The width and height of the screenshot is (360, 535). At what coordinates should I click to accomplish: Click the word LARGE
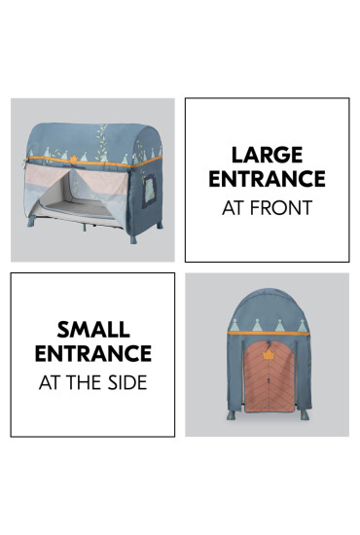point(267,155)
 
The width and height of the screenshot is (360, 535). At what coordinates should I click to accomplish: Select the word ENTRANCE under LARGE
point(267,178)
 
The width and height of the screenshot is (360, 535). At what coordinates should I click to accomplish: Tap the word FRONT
point(281,207)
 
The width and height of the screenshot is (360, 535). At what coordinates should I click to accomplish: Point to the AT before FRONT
point(234,207)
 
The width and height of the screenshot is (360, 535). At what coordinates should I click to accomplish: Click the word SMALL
point(93,330)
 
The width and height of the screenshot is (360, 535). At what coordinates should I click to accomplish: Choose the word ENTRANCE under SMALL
point(93,353)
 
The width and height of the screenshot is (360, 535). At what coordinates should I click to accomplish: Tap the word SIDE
point(127,382)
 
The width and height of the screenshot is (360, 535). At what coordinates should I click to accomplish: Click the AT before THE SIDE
point(51,382)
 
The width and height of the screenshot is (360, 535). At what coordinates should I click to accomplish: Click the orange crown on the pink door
point(269,354)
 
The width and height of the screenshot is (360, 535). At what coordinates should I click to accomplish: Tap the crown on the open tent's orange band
point(74,159)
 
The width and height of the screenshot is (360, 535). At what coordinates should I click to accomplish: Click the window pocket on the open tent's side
point(149,191)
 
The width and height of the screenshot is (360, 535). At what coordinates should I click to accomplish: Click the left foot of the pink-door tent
point(232,415)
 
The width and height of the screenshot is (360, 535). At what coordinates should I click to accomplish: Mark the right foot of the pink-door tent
point(305,415)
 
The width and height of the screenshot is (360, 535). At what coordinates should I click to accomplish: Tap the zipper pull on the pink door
point(270,379)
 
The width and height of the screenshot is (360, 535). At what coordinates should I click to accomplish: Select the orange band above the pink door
point(269,333)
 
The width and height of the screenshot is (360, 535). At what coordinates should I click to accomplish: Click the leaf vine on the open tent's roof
point(101,142)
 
